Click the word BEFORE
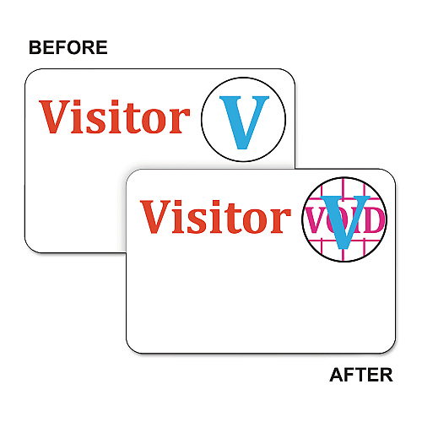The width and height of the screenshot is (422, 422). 68,47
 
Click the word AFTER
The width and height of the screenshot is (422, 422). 361,375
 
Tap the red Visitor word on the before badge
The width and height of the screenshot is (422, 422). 115,116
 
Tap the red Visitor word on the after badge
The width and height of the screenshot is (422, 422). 215,216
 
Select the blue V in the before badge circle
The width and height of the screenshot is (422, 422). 244,122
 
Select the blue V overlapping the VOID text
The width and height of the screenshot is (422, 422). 345,222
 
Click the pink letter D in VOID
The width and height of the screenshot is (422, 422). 376,219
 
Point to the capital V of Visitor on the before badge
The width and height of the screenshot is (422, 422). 54,116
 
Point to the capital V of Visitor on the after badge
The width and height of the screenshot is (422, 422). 155,216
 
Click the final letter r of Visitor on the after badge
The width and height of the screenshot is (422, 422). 282,221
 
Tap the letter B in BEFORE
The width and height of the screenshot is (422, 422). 35,47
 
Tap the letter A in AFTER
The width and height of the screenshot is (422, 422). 337,375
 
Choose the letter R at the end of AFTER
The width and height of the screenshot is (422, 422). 387,375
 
